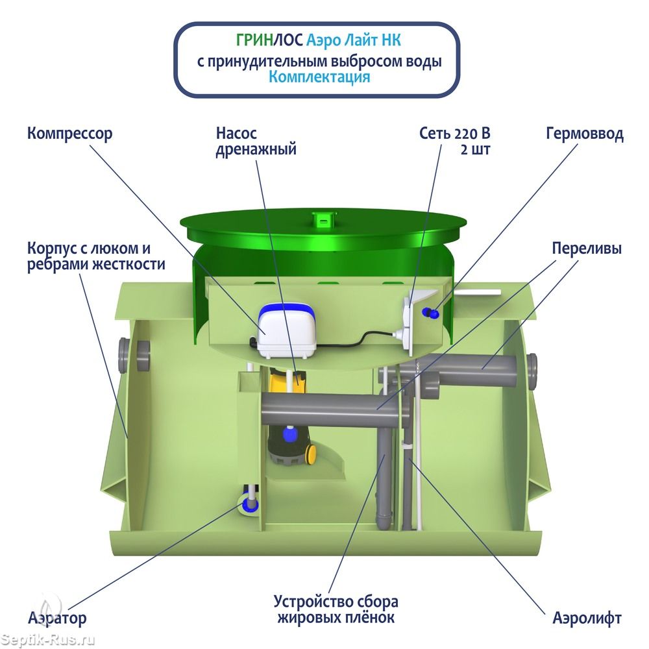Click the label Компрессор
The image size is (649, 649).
click(x=69, y=134)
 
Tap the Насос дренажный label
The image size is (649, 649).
click(x=256, y=141)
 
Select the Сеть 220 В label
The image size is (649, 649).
click(x=455, y=141)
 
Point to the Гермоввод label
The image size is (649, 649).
click(x=584, y=134)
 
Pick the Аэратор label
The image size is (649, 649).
click(x=56, y=618)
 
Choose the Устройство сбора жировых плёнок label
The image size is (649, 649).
click(x=336, y=609)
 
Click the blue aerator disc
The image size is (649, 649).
click(x=250, y=504)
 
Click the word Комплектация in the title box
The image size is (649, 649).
click(x=319, y=77)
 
